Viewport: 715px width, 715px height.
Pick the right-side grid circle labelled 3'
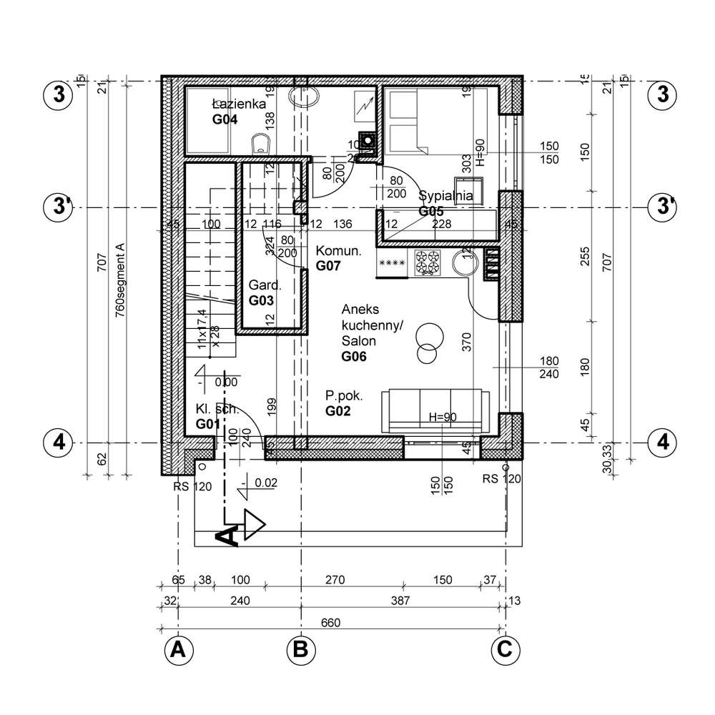(662, 207)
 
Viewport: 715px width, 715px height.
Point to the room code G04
(225, 120)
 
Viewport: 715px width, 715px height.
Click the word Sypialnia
(445, 195)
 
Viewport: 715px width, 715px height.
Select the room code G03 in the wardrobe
(262, 300)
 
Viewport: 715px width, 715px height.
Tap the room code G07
(329, 266)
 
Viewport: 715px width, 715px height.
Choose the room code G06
(354, 357)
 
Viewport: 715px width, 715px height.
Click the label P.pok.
(344, 395)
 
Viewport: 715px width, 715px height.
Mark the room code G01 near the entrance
(207, 425)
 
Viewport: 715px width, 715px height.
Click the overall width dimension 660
(330, 623)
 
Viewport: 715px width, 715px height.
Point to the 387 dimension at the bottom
(402, 601)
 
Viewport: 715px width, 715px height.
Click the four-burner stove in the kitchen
(428, 263)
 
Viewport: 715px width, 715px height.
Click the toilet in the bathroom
(261, 144)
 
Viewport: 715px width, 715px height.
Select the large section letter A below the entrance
(227, 536)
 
